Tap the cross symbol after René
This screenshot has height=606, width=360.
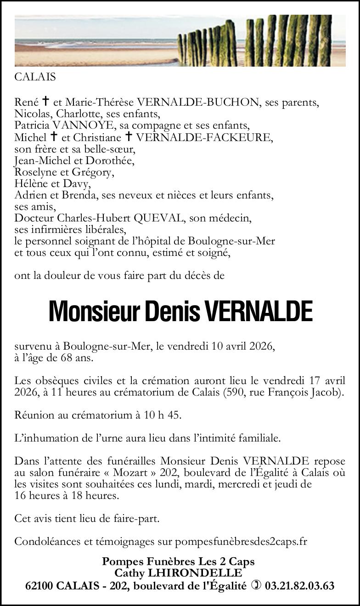tap(45, 102)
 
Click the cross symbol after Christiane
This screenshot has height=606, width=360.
tap(129, 137)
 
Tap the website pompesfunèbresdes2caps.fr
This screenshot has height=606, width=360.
tap(241, 542)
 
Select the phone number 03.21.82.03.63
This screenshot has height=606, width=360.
tap(299, 586)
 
